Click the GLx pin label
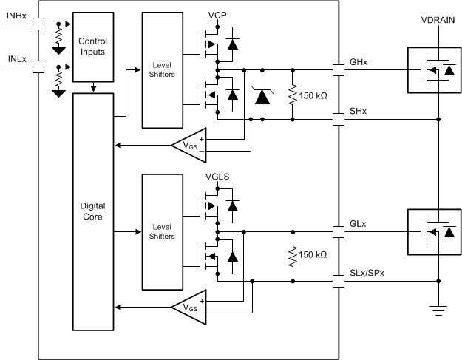pos(358,222)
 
